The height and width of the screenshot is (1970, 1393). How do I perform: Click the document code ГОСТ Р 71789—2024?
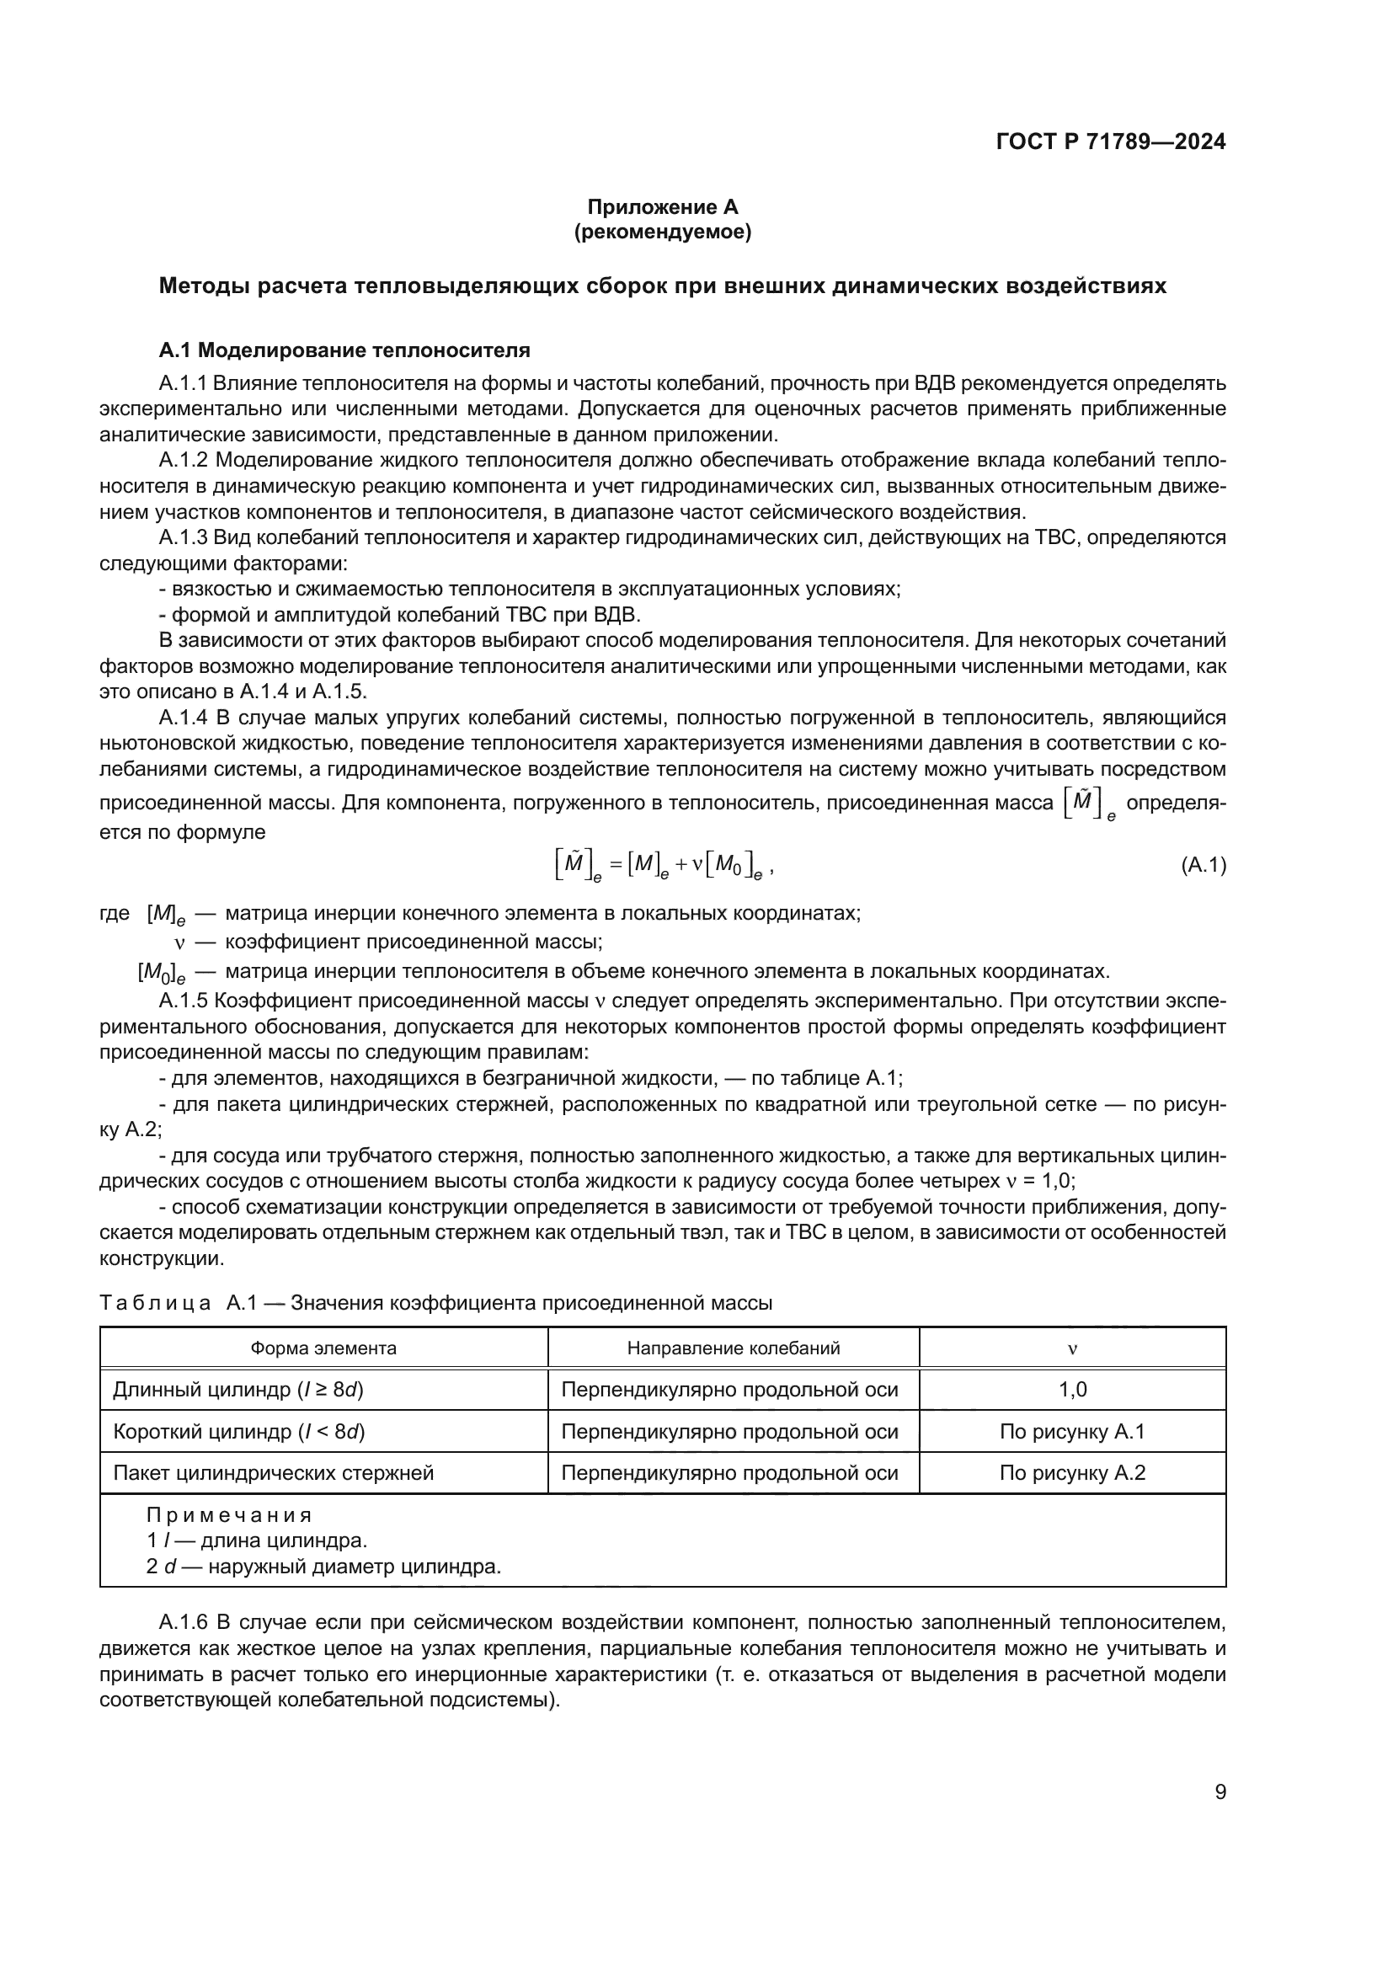pos(1110,141)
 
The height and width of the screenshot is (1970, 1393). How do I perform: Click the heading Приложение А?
pos(662,207)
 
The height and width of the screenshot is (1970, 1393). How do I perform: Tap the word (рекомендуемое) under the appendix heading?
pos(662,232)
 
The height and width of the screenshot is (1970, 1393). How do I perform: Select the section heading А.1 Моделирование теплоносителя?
pos(344,350)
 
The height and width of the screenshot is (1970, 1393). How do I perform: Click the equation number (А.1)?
pos(1203,866)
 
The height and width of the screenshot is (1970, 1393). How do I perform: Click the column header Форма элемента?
pos(323,1348)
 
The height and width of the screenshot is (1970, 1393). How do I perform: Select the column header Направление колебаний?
pos(733,1348)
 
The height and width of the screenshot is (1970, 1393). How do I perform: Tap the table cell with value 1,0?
pos(1072,1390)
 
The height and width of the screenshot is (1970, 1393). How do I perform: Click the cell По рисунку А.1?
pos(1072,1431)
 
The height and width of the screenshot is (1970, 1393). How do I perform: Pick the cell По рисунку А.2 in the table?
pos(1072,1473)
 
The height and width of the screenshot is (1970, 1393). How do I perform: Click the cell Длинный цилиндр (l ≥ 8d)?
pos(238,1390)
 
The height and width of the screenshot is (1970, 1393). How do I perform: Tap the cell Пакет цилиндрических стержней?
pos(273,1473)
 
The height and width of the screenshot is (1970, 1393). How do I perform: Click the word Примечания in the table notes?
pos(229,1515)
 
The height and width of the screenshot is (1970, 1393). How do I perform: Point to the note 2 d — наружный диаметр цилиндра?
pos(323,1567)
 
